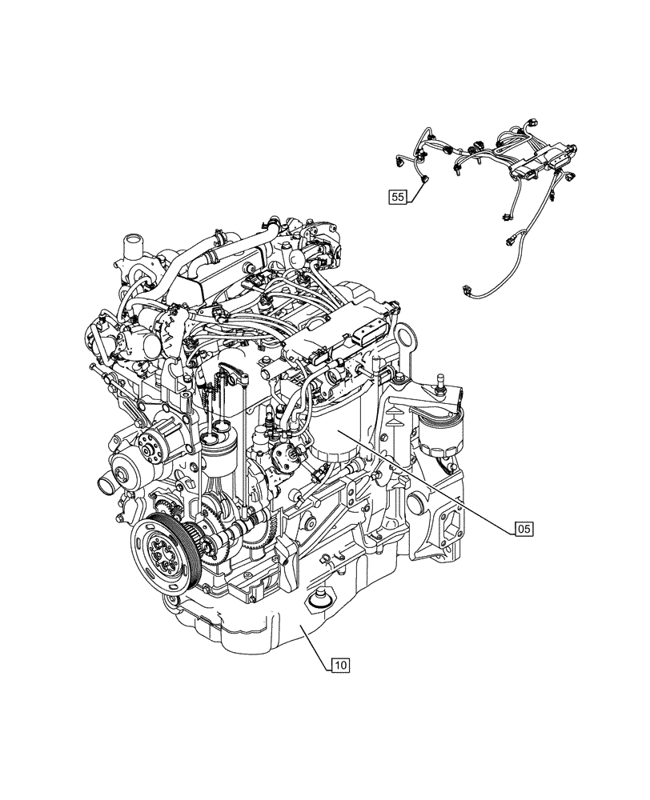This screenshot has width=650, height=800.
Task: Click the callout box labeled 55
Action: pyautogui.click(x=399, y=195)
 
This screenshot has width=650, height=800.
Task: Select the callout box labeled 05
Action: pyautogui.click(x=523, y=528)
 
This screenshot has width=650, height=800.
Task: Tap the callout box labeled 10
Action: pyautogui.click(x=339, y=663)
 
